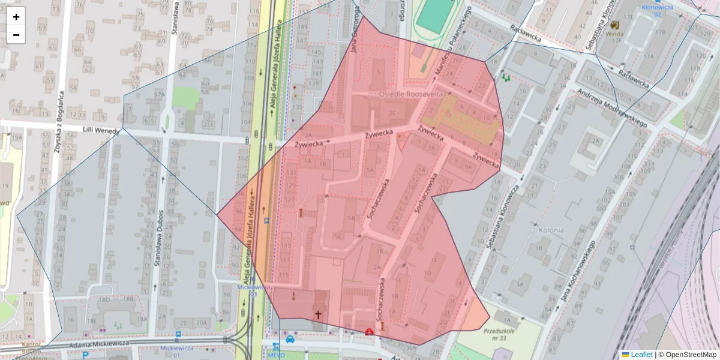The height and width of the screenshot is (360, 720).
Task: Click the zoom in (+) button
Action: point(16,17)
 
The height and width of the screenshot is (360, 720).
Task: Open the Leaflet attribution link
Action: point(641,355)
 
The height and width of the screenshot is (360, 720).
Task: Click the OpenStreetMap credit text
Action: point(687,355)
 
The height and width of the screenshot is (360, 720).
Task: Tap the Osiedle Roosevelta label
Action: point(411,95)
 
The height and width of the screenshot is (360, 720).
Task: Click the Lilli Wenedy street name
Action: point(100,130)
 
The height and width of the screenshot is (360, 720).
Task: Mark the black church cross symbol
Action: point(319,313)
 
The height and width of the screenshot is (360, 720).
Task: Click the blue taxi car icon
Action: point(290,339)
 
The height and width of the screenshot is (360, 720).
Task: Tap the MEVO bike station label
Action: point(275,354)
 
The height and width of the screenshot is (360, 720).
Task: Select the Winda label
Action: point(614,34)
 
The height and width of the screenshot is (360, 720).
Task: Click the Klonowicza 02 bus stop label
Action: point(657,10)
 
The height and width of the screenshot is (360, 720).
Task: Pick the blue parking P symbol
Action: point(86,355)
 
